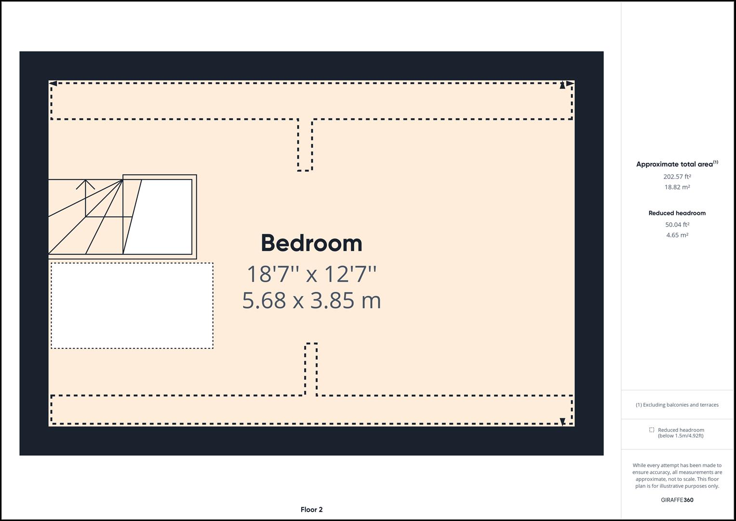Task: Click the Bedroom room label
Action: pyautogui.click(x=311, y=243)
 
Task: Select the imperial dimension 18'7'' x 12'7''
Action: pyautogui.click(x=311, y=274)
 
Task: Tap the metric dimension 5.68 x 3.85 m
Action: pyautogui.click(x=311, y=300)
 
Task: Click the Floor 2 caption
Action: pyautogui.click(x=311, y=509)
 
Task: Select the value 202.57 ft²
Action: pyautogui.click(x=677, y=177)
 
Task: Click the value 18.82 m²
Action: pyautogui.click(x=677, y=187)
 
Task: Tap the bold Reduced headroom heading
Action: pyautogui.click(x=677, y=213)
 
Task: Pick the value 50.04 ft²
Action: pyautogui.click(x=677, y=224)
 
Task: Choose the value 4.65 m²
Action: pyautogui.click(x=677, y=235)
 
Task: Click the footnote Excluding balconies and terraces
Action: pyautogui.click(x=677, y=405)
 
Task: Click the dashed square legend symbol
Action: pyautogui.click(x=652, y=430)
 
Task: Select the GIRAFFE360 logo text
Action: pyautogui.click(x=677, y=500)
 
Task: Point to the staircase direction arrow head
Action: pyautogui.click(x=86, y=182)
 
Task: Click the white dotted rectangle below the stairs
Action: pyautogui.click(x=132, y=305)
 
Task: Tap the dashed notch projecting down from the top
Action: pyautogui.click(x=305, y=145)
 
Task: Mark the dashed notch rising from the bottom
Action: pyautogui.click(x=311, y=369)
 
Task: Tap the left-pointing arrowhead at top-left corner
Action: pyautogui.click(x=53, y=84)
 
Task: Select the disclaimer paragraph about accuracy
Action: pyautogui.click(x=677, y=476)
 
